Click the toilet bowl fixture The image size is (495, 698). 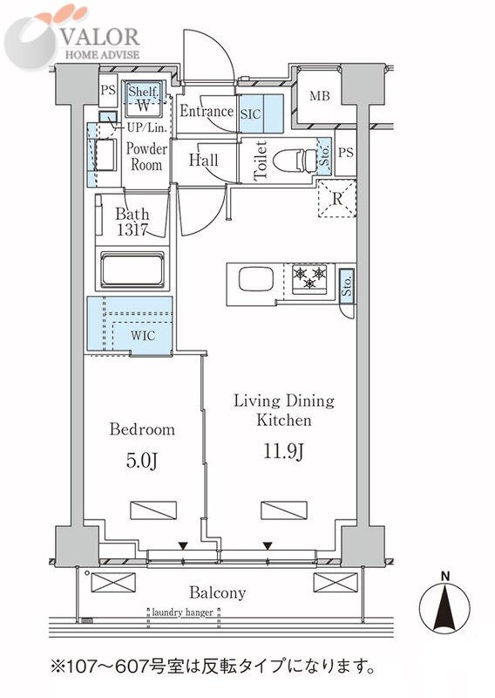pos(295,160)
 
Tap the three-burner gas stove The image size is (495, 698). pos(309,279)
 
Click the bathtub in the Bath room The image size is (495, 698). pos(132,270)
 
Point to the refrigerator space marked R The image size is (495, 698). pos(337,199)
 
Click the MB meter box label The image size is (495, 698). pos(320,96)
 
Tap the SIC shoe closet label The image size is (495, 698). pos(250,114)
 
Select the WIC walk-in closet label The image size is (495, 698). pos(143,335)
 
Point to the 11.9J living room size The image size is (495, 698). pos(284,451)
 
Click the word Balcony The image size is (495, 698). pos(218,593)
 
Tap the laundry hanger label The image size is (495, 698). pos(183,612)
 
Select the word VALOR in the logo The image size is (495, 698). pos(100,37)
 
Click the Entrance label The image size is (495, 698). pos(207,111)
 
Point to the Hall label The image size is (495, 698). pos(204,160)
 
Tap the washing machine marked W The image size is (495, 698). pos(143,106)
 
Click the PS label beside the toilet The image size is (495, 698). pos(346,153)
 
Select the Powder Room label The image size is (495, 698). pos(146,157)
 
